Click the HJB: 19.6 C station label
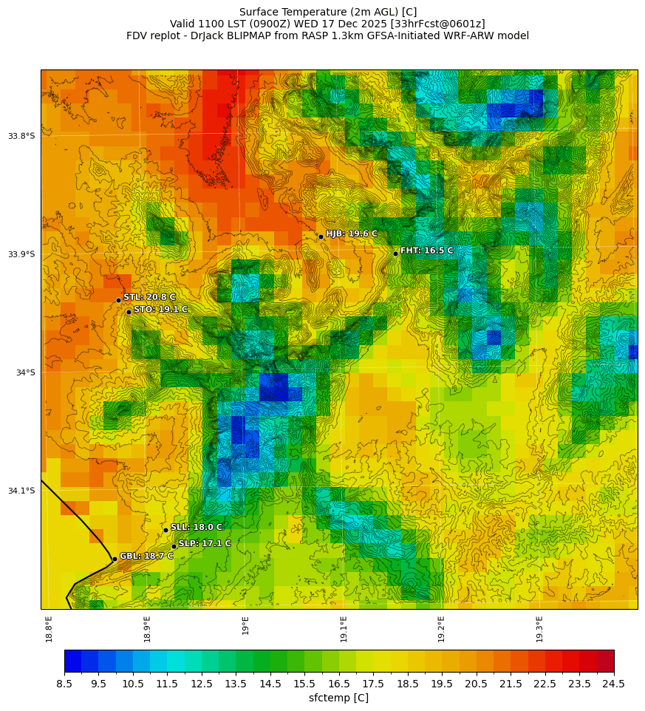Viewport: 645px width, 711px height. click(x=352, y=234)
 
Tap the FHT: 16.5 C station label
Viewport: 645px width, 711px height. click(x=427, y=251)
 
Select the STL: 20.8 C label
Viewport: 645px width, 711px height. click(x=149, y=297)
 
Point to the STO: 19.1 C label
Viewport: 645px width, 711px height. click(x=160, y=309)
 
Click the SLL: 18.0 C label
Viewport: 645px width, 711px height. click(x=197, y=527)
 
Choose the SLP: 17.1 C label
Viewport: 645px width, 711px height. click(x=205, y=543)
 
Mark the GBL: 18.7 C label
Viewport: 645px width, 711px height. click(x=146, y=556)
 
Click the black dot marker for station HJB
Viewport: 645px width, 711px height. click(x=321, y=237)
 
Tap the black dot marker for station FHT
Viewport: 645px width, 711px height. click(x=395, y=254)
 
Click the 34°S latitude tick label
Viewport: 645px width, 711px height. click(x=26, y=372)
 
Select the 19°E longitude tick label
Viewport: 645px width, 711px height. click(x=245, y=625)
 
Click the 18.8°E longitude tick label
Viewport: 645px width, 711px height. click(x=49, y=628)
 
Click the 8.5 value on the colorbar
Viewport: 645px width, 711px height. click(x=64, y=684)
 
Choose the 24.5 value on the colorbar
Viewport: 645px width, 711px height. click(x=614, y=684)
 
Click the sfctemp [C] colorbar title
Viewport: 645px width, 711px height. click(x=338, y=698)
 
